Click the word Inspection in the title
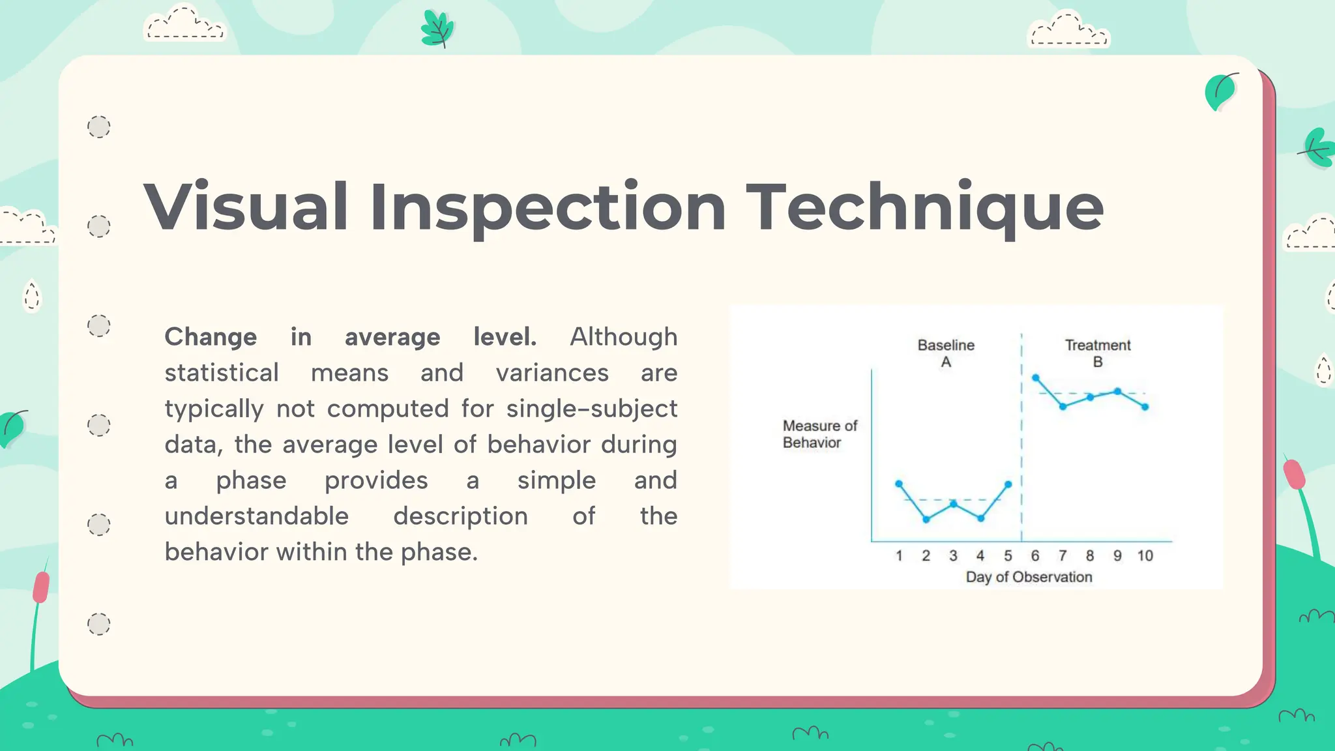click(548, 207)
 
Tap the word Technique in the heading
click(924, 207)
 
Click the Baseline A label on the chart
click(946, 353)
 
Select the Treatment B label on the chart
click(1098, 353)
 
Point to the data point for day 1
click(899, 484)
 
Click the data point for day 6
click(1035, 377)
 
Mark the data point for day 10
click(1145, 407)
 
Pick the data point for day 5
click(1008, 484)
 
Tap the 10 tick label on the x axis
click(1145, 556)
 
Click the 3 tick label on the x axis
click(953, 556)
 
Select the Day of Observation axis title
click(1029, 577)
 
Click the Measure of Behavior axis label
click(819, 434)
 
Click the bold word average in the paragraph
click(392, 337)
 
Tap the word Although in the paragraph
click(623, 337)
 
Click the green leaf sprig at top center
click(437, 29)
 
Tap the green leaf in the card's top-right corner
click(1220, 92)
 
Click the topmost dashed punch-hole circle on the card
click(99, 126)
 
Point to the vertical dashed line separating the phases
click(1021, 443)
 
